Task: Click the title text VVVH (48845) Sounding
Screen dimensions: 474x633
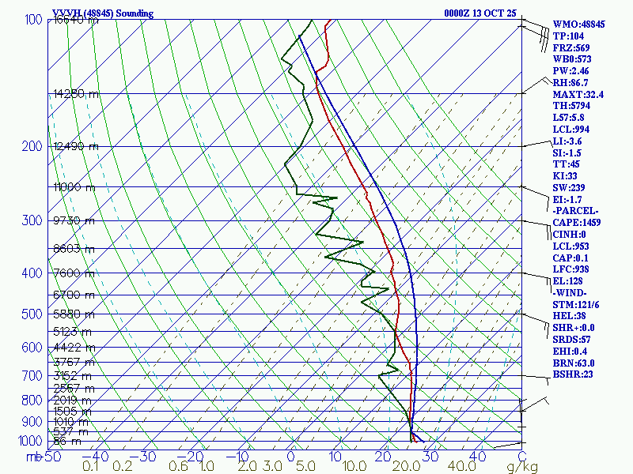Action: [103, 13]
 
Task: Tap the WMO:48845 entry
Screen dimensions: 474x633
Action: [578, 24]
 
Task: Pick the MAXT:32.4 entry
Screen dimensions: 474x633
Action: [578, 94]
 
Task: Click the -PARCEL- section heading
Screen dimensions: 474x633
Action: [577, 211]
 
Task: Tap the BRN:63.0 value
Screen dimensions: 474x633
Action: [574, 363]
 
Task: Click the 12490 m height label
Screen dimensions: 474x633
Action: [75, 146]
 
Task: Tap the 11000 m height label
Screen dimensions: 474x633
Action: [74, 187]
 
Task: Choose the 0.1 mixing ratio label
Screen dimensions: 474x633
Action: [90, 466]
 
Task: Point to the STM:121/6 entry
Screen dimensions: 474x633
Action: [577, 304]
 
